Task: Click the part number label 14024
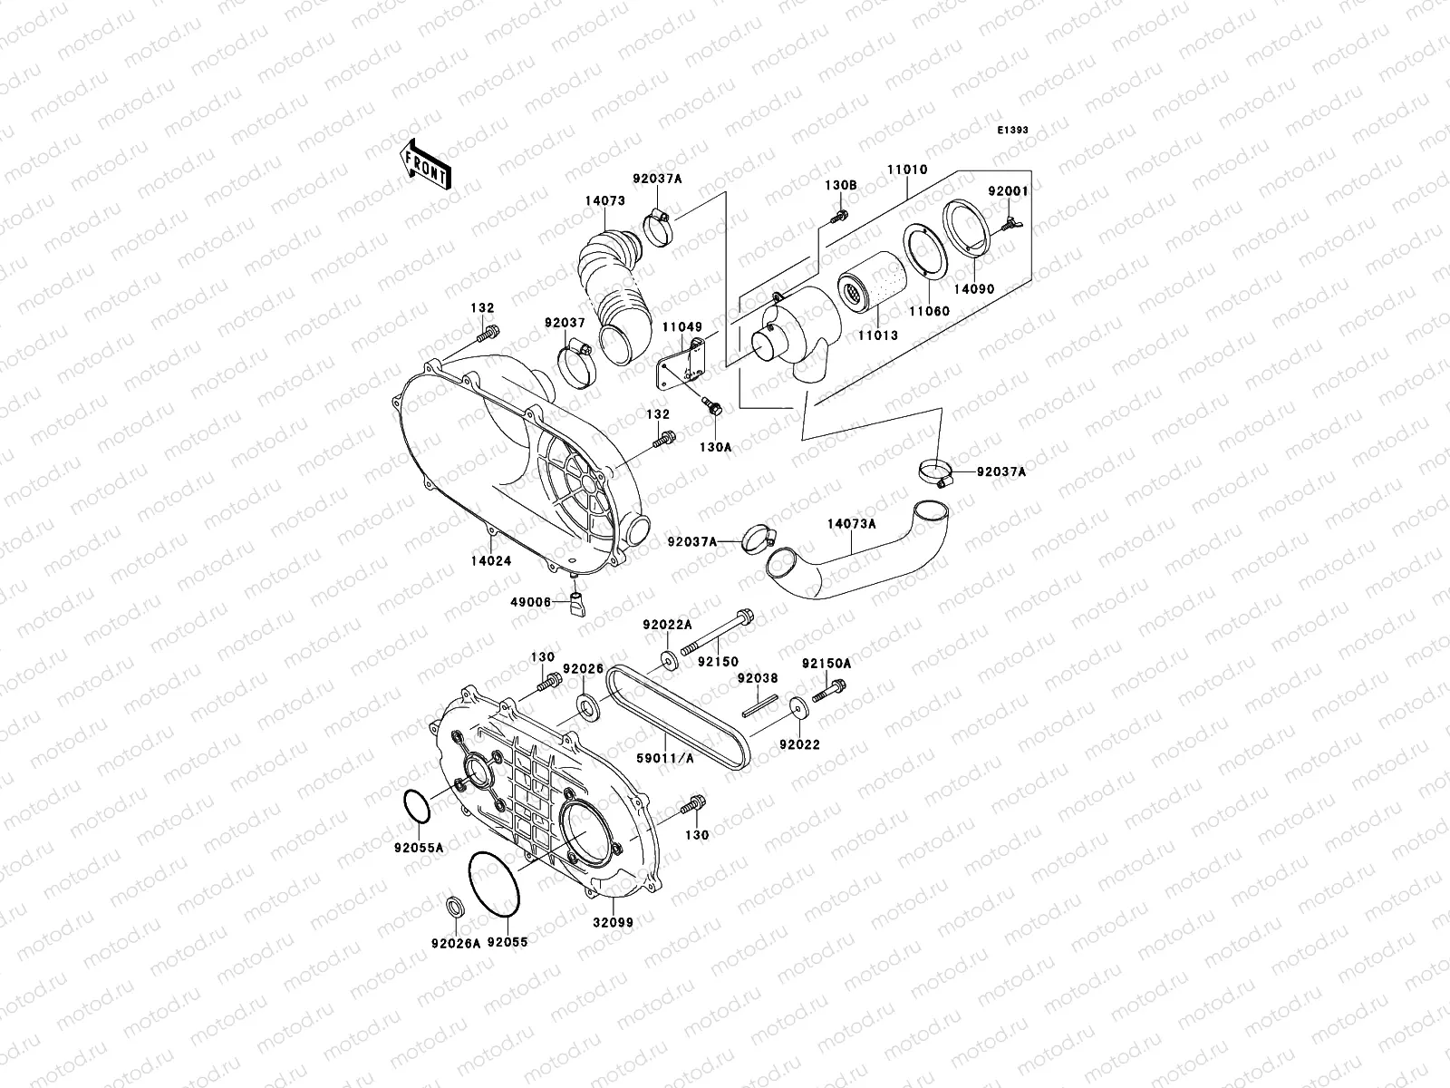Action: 490,561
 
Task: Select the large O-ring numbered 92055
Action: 494,885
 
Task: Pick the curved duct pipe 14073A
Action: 843,558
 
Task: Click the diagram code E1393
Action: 1013,131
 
